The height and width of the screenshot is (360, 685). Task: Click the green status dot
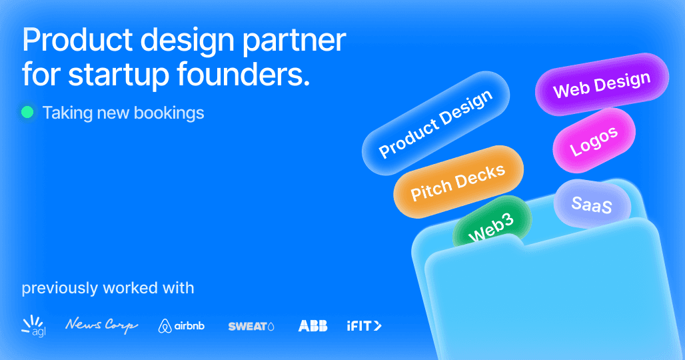27,113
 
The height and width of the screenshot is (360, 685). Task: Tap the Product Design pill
436,124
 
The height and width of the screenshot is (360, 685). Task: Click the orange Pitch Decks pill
458,181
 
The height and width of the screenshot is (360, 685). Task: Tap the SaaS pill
592,205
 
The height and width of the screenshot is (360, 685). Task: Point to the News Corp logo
101,325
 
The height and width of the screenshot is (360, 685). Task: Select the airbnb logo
181,326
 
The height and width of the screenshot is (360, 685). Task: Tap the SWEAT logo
251,326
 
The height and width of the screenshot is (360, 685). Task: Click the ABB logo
313,325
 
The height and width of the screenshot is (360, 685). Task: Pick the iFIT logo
364,325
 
